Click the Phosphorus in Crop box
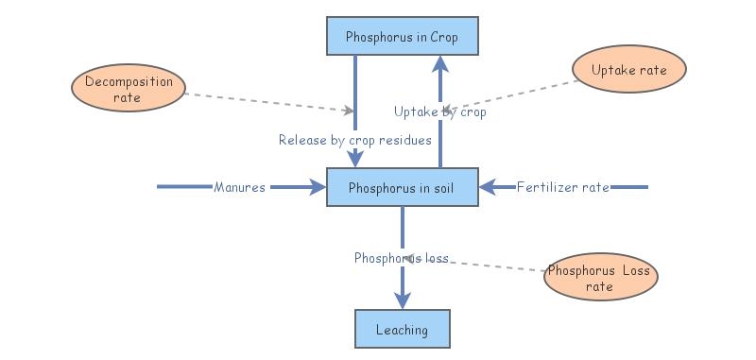click(403, 38)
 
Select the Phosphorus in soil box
click(403, 187)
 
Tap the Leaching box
click(402, 330)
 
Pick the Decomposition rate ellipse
click(129, 89)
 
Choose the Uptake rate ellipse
click(628, 71)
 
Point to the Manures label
click(240, 187)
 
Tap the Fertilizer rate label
click(562, 187)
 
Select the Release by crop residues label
click(354, 140)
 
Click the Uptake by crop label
click(439, 111)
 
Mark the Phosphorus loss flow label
click(401, 257)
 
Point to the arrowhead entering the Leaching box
click(403, 300)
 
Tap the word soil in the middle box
click(438, 187)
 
